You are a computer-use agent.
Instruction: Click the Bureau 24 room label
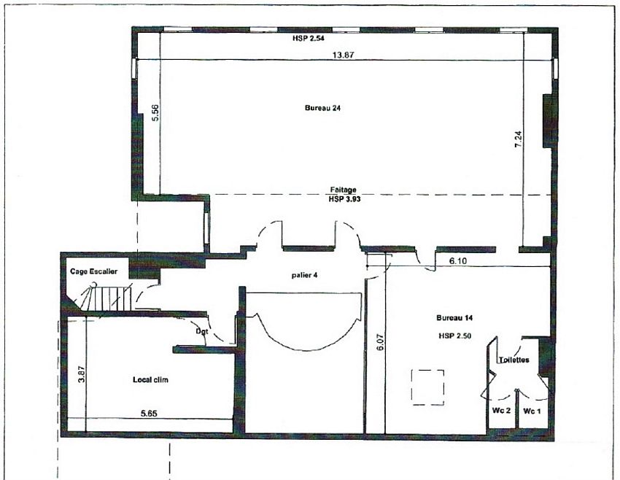322,108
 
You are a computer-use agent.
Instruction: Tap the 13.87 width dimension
343,55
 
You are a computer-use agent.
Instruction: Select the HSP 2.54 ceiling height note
309,39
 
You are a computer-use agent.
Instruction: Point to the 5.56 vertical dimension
155,112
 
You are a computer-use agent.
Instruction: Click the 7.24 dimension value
518,139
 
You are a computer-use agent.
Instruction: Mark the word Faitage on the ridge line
344,190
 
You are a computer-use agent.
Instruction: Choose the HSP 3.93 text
344,199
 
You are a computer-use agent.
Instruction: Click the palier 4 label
304,275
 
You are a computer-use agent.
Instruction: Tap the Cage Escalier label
93,271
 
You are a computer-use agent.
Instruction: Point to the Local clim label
150,379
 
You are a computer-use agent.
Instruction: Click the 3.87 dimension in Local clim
81,374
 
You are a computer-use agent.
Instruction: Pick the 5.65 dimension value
149,414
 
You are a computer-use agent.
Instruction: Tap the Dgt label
201,331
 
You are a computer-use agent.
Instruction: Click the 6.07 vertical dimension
380,342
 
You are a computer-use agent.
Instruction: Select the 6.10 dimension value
458,261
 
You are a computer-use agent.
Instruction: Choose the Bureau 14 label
454,317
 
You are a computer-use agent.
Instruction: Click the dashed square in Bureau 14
427,387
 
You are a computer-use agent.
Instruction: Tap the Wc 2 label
501,411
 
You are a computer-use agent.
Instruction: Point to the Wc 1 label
532,411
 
